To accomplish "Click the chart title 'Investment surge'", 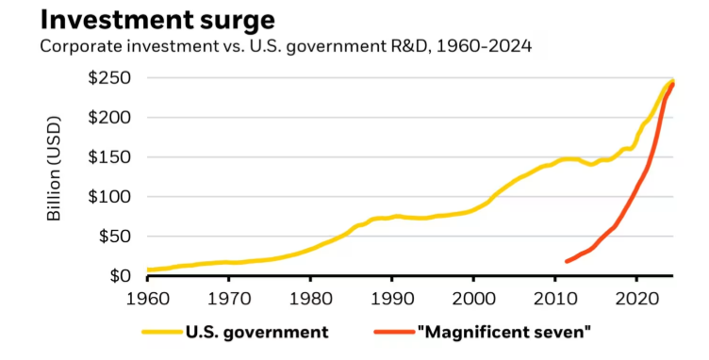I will [x=144, y=19].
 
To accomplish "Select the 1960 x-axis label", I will [x=149, y=297].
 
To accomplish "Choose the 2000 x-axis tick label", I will [x=473, y=297].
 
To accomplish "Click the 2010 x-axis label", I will [x=554, y=297].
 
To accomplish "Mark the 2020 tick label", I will [x=636, y=297].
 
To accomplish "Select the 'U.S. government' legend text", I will [x=256, y=332].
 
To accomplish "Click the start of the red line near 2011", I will [x=567, y=261].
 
